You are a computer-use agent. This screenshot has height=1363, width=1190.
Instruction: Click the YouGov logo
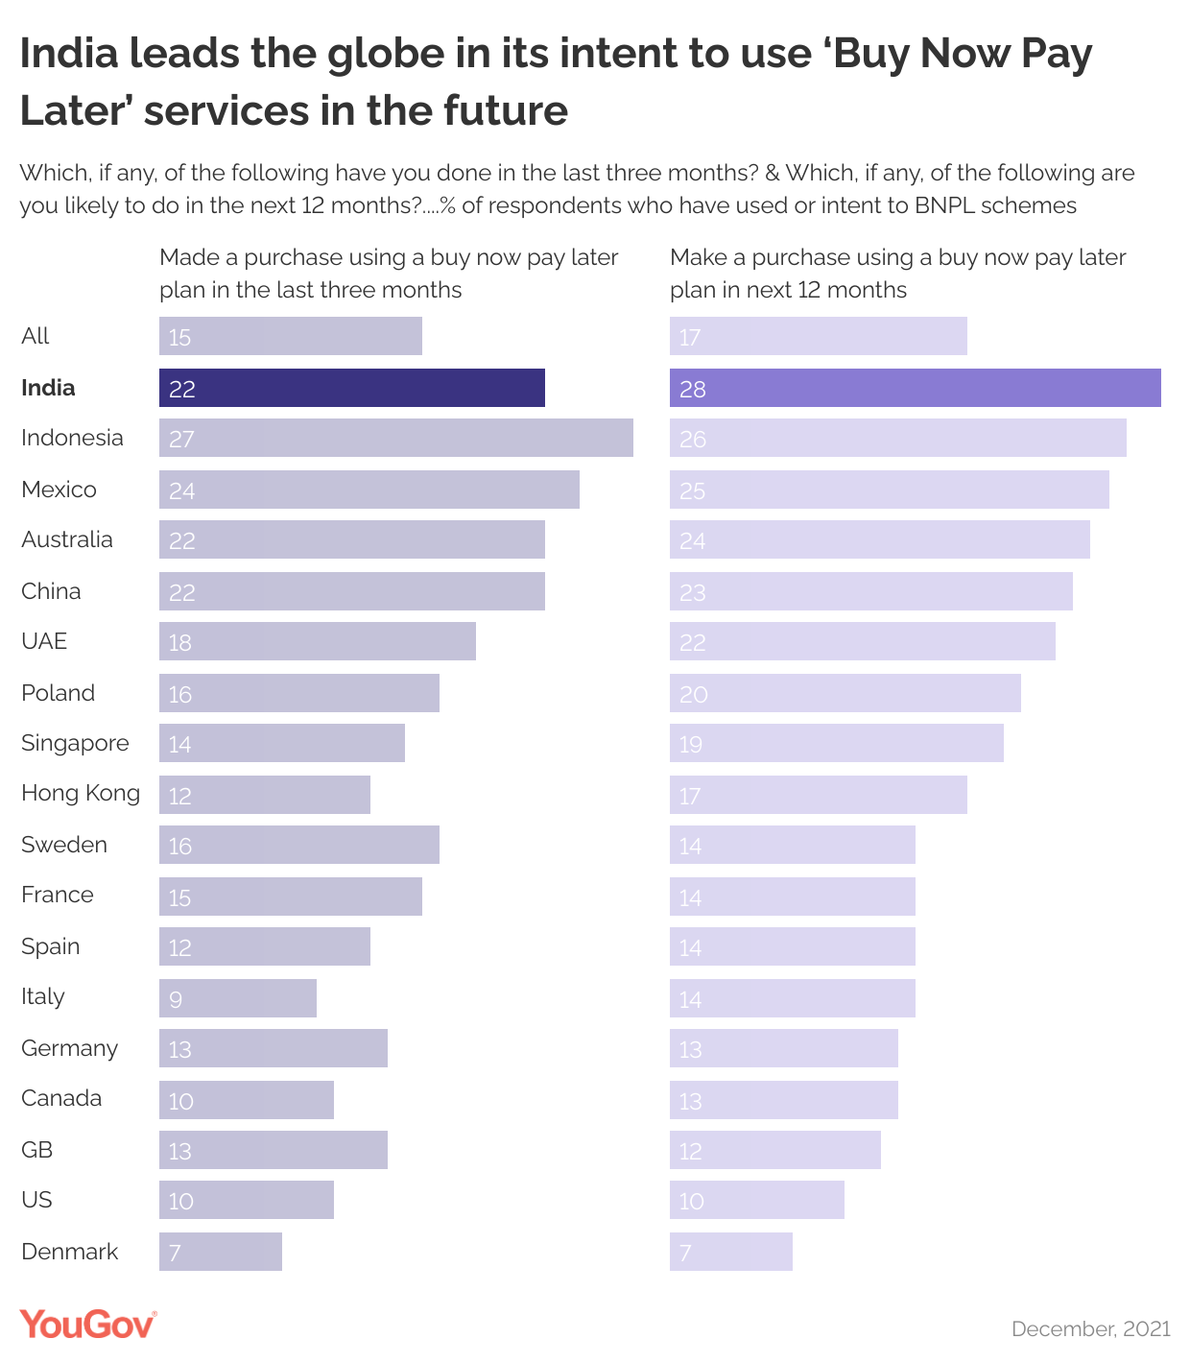(87, 1325)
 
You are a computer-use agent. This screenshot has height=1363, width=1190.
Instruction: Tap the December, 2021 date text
(1091, 1328)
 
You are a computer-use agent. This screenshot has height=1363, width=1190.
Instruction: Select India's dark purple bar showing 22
(351, 388)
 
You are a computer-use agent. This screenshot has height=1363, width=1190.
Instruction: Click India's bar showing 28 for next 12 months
(915, 388)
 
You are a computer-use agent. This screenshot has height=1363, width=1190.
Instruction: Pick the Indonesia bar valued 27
(395, 438)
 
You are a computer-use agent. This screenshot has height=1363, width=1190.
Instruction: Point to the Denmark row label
(69, 1252)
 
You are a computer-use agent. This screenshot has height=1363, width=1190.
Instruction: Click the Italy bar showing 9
(237, 998)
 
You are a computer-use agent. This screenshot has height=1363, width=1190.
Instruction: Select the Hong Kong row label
(81, 793)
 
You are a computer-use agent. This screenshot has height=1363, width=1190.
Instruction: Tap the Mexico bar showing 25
(889, 490)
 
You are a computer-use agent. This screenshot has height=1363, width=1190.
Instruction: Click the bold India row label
(48, 388)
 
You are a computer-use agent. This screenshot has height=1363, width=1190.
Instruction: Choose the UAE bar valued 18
(317, 641)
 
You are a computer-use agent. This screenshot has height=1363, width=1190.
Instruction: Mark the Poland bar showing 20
(845, 693)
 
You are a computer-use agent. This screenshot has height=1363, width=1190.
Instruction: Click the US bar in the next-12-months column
(756, 1200)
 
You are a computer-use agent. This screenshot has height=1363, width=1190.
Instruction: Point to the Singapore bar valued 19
(836, 743)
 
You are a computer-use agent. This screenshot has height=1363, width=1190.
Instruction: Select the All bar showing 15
(290, 336)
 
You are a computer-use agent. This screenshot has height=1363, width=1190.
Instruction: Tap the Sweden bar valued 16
(298, 845)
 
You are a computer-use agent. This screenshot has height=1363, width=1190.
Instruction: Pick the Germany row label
(69, 1048)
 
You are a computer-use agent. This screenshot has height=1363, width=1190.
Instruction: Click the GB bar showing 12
(774, 1150)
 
